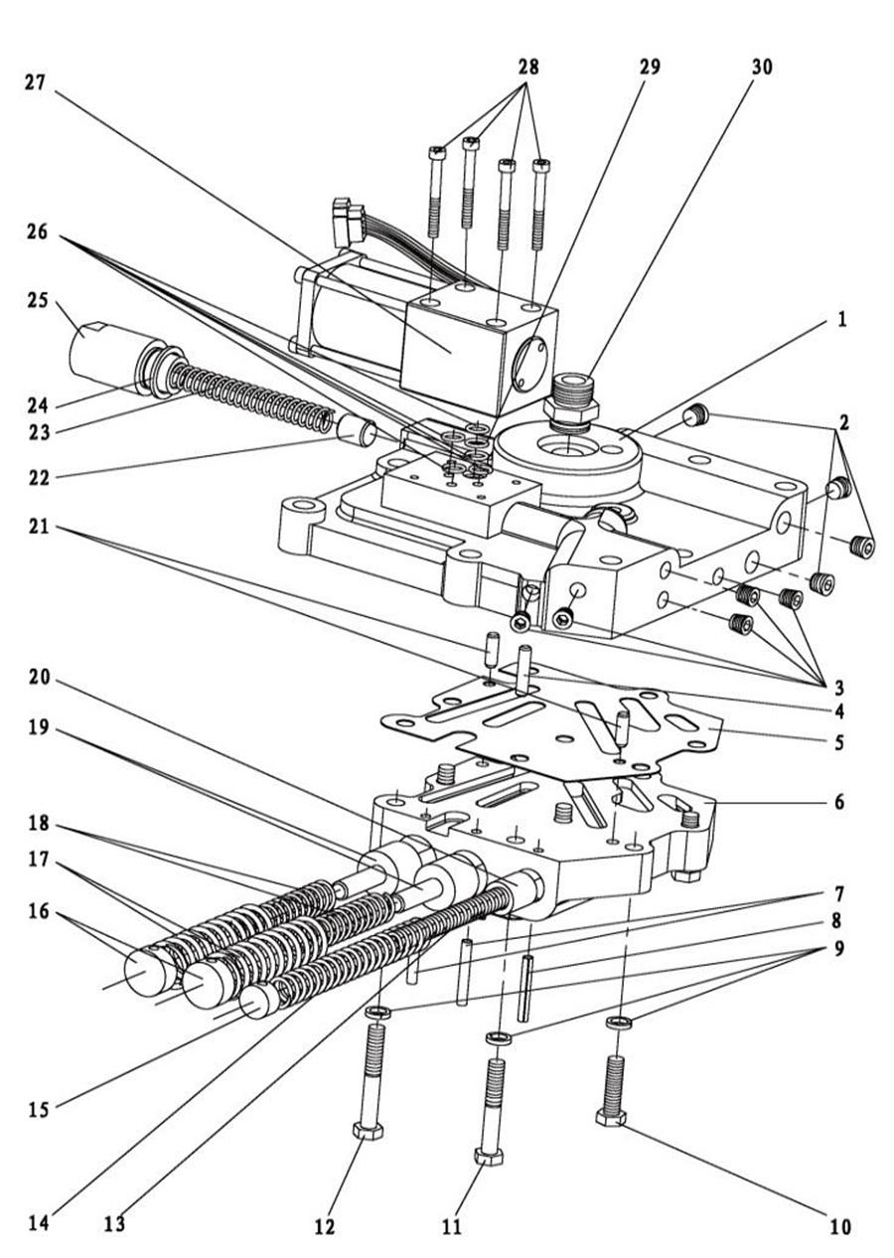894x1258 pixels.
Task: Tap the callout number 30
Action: (x=762, y=68)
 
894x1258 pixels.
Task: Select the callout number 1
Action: (x=840, y=321)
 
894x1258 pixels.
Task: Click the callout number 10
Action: (x=840, y=1227)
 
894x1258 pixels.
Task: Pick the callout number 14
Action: (x=38, y=1223)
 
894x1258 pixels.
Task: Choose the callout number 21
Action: (x=38, y=528)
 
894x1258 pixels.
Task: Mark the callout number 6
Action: (x=840, y=800)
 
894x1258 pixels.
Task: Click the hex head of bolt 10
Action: (x=610, y=1119)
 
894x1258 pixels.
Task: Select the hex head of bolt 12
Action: (x=368, y=1132)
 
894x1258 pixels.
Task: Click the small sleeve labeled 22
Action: (x=355, y=430)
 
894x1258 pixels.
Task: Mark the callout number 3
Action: (x=840, y=686)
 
